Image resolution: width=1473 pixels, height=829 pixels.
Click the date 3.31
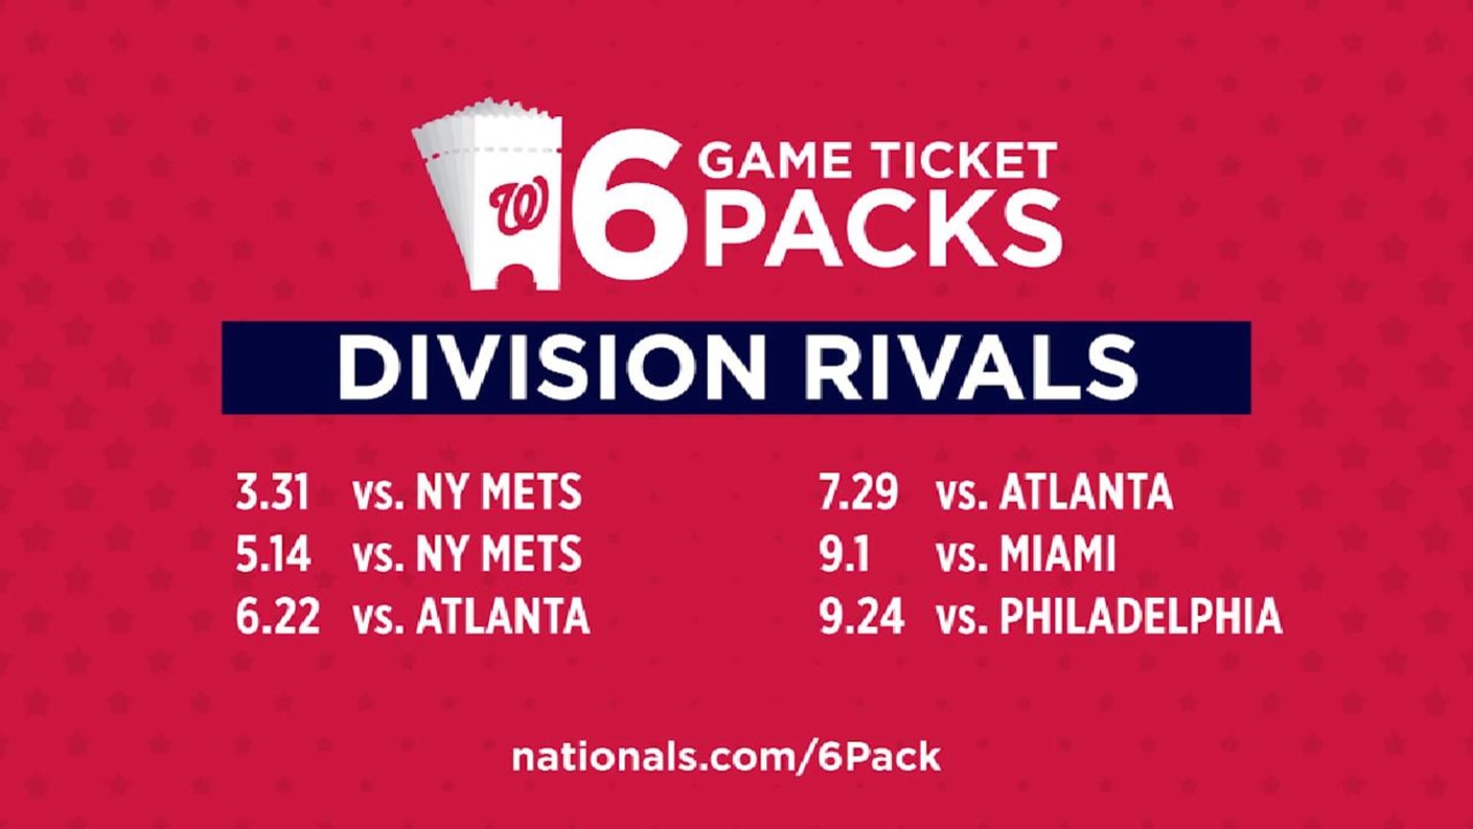tap(272, 491)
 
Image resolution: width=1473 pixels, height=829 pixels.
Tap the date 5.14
tap(273, 554)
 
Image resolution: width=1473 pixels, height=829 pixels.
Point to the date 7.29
tap(858, 491)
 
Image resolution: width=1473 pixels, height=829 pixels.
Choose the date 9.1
tap(844, 554)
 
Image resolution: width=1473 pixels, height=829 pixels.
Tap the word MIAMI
tap(1058, 554)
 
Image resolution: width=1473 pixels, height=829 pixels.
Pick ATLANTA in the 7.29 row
tap(1087, 491)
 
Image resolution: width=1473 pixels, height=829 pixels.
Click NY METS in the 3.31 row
tap(499, 491)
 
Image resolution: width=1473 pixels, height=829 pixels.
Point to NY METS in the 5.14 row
tap(499, 554)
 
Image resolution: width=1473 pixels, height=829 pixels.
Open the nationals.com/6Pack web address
tap(726, 757)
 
